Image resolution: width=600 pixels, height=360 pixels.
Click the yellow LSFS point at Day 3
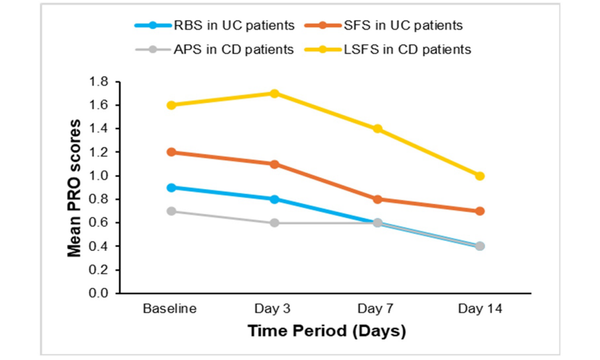tap(274, 94)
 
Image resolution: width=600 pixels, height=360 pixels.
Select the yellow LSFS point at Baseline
tap(171, 105)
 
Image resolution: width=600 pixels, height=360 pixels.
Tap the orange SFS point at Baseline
tap(171, 152)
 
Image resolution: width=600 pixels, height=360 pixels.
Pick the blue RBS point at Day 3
tap(274, 199)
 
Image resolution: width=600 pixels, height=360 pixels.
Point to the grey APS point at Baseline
tap(171, 211)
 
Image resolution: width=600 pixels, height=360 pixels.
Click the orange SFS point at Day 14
tap(480, 211)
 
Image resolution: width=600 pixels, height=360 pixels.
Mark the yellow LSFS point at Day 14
tap(480, 176)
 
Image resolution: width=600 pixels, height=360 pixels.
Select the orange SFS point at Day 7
tap(378, 199)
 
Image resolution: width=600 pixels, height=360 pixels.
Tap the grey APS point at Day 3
tap(274, 223)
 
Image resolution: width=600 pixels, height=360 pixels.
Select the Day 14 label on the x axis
tap(480, 309)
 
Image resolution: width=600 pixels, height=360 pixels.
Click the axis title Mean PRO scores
tap(75, 188)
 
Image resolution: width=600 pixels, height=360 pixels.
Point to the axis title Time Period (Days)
tap(326, 331)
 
